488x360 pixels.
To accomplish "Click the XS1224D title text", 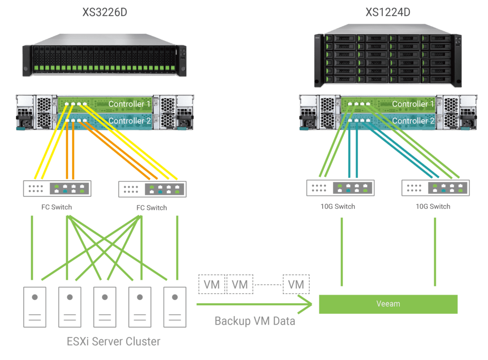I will point(388,11).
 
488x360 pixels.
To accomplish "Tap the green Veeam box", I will point(388,304).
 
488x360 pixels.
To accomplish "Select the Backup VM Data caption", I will point(254,320).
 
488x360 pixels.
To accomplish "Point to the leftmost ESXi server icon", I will point(35,307).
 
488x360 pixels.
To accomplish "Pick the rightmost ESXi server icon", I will point(174,307).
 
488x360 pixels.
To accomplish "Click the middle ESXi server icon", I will point(104,307).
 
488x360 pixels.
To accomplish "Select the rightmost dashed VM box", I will point(296,284).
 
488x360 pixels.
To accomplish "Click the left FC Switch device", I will point(57,188).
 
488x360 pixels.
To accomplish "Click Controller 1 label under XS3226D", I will point(129,104).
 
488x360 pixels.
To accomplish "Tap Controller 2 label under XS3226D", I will point(129,121).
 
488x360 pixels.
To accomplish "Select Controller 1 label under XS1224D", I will point(413,104).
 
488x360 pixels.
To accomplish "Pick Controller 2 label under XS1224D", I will point(413,121).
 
